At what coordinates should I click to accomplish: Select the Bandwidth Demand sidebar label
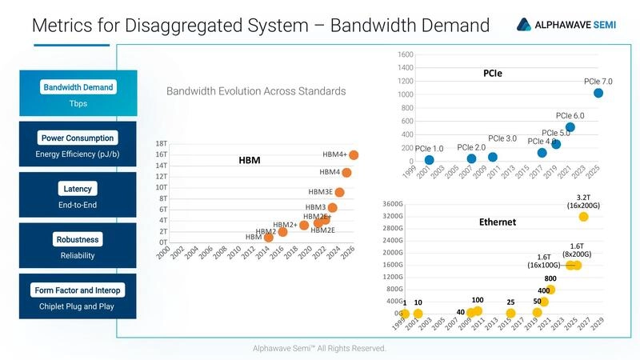(78, 87)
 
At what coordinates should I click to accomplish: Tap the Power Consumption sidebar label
(78, 138)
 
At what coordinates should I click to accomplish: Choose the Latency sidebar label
(78, 189)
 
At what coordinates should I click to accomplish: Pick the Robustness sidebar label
(78, 239)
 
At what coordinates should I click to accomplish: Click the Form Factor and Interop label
(78, 290)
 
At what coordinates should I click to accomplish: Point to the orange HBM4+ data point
(354, 155)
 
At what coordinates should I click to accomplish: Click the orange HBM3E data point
(339, 192)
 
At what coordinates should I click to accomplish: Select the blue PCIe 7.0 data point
(598, 94)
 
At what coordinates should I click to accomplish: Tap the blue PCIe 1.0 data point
(429, 160)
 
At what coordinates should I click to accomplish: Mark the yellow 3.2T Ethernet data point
(583, 217)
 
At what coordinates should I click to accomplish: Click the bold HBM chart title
(250, 161)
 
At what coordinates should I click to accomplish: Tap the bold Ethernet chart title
(497, 222)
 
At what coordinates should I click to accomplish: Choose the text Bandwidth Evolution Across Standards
(256, 91)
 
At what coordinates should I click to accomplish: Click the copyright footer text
(320, 349)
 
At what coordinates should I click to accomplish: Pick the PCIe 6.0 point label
(568, 116)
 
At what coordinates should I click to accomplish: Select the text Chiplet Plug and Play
(78, 306)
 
